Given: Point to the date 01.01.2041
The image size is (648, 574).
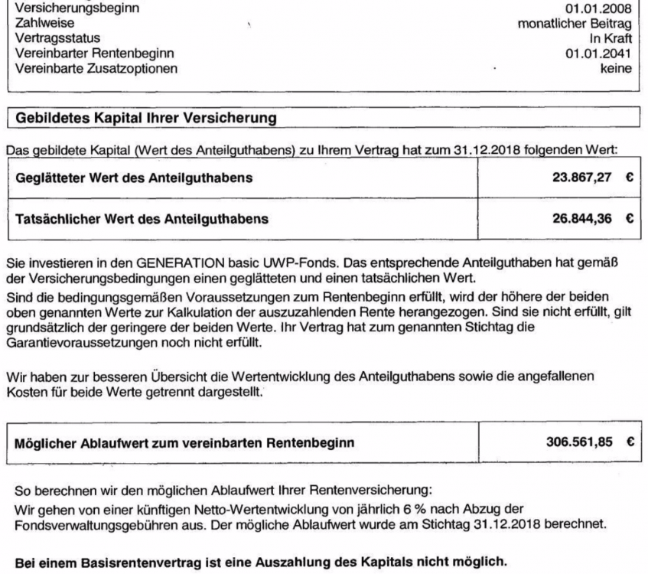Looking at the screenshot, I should (x=604, y=53).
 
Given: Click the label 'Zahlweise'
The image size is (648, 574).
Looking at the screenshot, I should (x=39, y=24).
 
